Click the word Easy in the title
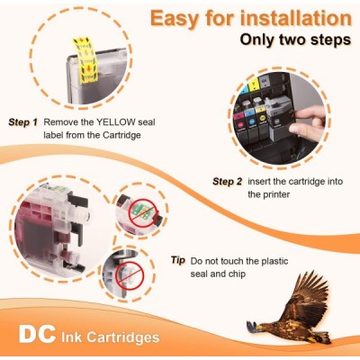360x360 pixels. click(175, 19)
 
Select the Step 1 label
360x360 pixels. click(23, 122)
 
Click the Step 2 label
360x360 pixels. click(227, 182)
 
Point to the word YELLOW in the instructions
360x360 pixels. click(116, 122)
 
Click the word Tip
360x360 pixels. click(178, 260)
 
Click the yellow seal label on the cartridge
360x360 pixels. click(85, 60)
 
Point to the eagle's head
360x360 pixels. click(258, 326)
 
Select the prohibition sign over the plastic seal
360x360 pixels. click(130, 276)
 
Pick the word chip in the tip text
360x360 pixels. click(237, 274)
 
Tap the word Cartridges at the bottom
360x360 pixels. click(123, 337)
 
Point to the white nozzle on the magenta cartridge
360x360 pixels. click(85, 214)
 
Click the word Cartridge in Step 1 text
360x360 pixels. click(121, 135)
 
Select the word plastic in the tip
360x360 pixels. click(273, 261)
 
